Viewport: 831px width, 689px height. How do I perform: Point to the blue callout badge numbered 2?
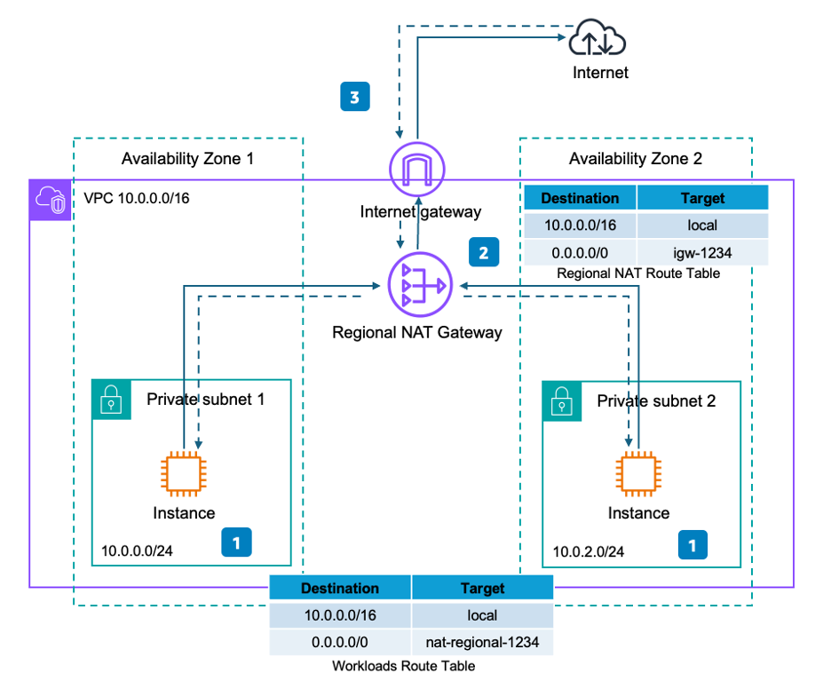(483, 252)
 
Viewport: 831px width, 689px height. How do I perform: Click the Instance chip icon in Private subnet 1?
(183, 472)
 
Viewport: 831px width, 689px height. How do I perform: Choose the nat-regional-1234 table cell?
(482, 639)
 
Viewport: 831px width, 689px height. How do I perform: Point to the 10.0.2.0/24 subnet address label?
(588, 551)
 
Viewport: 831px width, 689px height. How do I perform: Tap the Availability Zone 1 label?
(187, 159)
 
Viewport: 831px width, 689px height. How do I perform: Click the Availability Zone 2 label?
(635, 159)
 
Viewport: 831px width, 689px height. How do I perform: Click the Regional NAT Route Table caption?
(637, 273)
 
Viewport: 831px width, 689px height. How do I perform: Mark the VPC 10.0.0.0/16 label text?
(136, 197)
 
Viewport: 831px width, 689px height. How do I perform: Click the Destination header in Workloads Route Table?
(340, 588)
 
